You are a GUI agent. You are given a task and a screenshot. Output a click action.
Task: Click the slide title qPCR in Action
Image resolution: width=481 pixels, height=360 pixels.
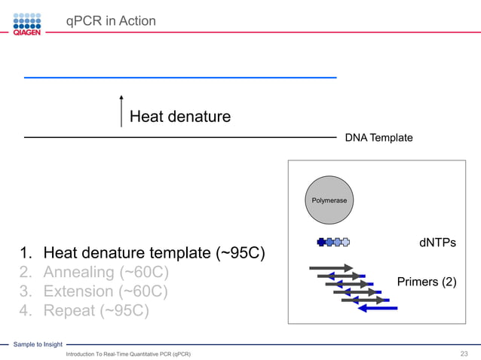[111, 21]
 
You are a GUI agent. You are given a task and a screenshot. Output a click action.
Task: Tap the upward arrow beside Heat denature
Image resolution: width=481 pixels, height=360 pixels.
[121, 111]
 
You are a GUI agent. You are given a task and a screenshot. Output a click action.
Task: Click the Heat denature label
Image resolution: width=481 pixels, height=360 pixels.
[179, 116]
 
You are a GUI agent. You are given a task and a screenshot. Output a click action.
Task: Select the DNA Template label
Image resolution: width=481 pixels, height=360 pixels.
[378, 138]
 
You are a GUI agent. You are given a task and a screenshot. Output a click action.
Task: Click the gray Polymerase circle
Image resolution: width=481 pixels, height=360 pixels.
[329, 200]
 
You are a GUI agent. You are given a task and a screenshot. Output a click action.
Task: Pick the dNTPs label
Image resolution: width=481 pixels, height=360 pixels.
[437, 243]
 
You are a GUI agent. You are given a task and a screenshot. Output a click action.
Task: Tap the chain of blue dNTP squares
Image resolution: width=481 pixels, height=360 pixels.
[334, 243]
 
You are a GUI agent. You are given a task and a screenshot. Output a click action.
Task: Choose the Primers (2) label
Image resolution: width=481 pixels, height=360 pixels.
[426, 282]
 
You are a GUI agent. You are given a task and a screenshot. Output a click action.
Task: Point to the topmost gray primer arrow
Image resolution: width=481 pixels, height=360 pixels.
[330, 267]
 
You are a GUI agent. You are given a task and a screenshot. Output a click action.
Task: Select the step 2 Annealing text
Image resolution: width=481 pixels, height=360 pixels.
[94, 272]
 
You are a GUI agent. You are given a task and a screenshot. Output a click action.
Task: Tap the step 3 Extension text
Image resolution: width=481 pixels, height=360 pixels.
[94, 291]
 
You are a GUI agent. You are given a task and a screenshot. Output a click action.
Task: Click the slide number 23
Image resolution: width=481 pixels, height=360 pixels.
[464, 353]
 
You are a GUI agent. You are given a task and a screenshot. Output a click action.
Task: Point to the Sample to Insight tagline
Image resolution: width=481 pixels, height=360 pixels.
[38, 344]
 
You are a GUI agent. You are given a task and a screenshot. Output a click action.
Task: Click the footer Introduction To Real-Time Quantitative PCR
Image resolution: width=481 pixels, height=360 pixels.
[128, 354]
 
